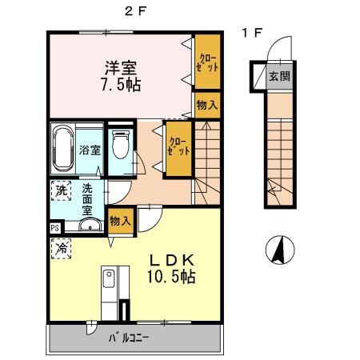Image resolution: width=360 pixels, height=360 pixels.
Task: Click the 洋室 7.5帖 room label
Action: (121, 76)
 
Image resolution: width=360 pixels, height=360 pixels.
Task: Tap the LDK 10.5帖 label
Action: (171, 269)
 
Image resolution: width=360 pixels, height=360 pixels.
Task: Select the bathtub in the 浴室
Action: (63, 149)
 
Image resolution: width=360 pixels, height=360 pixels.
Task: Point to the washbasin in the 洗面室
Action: (90, 225)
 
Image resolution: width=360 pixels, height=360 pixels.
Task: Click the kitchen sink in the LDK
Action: (109, 278)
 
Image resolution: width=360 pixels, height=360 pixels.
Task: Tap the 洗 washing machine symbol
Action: (61, 190)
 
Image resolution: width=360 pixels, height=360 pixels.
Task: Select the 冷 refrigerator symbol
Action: (61, 249)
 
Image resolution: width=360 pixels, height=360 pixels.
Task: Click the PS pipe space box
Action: (55, 228)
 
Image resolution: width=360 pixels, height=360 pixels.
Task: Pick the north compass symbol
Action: (280, 250)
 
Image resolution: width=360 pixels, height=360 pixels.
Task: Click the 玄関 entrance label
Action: (279, 77)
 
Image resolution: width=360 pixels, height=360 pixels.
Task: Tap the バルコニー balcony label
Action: (128, 338)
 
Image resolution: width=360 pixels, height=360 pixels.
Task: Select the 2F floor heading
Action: (136, 11)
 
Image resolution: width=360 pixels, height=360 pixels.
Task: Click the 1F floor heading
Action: (252, 33)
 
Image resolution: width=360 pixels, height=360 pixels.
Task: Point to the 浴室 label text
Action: (90, 150)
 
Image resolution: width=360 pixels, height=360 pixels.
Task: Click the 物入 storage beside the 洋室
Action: (207, 105)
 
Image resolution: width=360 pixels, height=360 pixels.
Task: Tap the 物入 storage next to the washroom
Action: (121, 221)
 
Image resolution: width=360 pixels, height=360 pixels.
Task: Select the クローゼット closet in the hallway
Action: (178, 148)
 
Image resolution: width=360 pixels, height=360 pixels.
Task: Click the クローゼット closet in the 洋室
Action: (207, 62)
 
